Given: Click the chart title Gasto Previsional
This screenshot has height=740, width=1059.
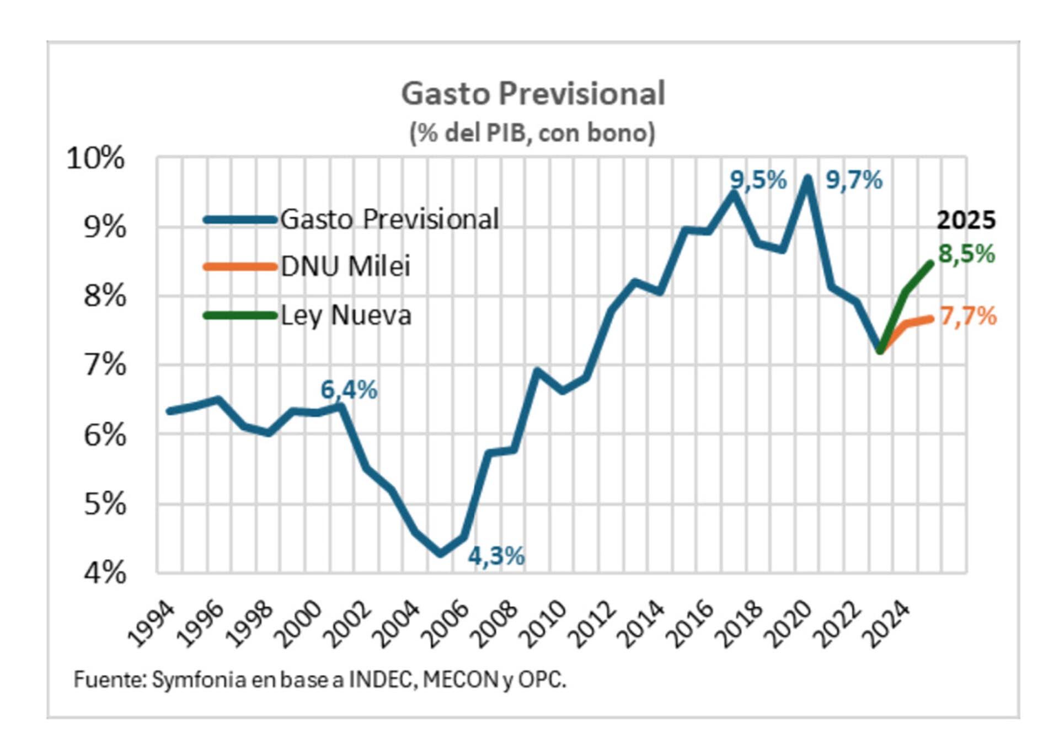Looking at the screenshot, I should click(533, 93).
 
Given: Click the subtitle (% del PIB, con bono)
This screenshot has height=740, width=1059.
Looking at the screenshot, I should click(532, 133).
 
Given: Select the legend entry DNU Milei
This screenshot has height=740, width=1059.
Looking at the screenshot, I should click(345, 267).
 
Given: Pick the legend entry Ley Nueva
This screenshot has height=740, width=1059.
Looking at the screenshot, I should click(346, 315).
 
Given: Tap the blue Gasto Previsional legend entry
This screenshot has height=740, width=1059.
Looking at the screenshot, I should click(389, 219).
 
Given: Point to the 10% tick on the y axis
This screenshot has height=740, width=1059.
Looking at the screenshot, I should click(95, 159).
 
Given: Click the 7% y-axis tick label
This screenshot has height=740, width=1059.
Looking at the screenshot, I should click(105, 365).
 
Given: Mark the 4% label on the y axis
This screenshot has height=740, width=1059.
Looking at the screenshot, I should click(105, 573).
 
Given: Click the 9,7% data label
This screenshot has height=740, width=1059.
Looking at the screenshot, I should click(854, 180).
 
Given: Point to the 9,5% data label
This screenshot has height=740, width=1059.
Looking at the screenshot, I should click(758, 180).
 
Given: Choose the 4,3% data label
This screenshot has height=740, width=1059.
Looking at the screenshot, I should click(496, 556).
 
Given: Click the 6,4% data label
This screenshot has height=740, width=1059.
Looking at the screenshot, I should click(349, 390).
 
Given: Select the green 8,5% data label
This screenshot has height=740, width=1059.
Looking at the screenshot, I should click(967, 254).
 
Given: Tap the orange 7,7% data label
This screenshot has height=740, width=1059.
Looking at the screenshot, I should click(969, 317).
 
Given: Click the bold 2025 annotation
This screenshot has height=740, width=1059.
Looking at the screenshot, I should click(966, 221).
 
